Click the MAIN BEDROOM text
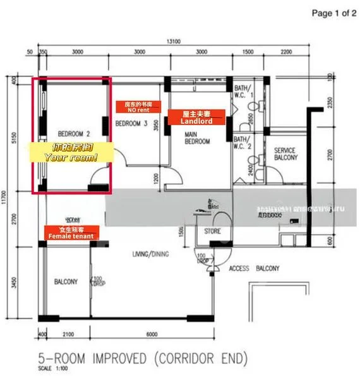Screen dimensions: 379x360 tap(197, 138)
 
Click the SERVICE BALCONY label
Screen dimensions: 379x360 tap(284, 155)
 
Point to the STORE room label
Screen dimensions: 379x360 tap(213, 231)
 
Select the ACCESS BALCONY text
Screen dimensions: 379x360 tap(254, 268)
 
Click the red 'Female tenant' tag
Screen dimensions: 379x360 tap(71, 236)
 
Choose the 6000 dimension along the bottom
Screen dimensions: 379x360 tap(152, 334)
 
